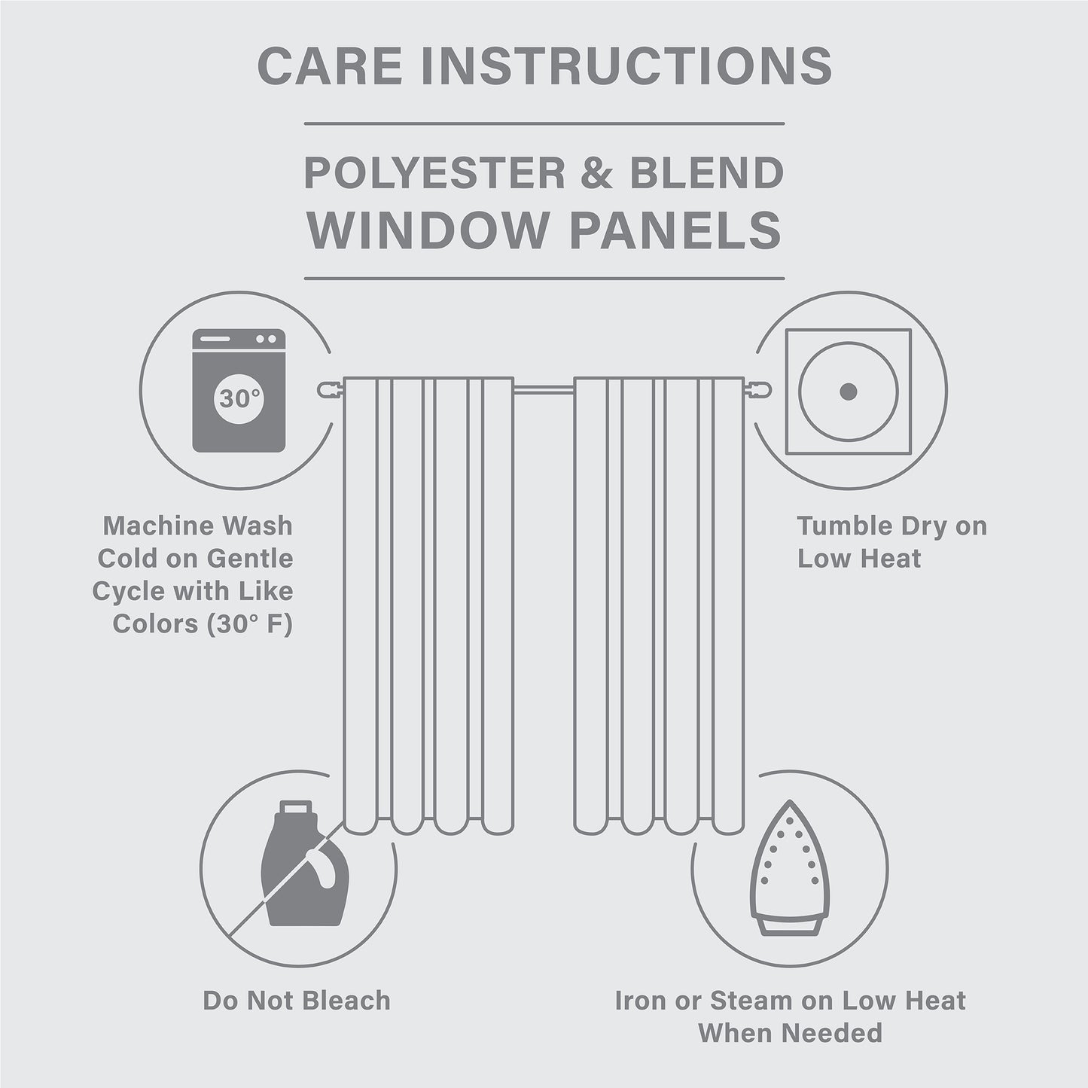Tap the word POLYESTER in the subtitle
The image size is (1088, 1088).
[434, 173]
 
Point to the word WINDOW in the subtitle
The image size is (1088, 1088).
[427, 230]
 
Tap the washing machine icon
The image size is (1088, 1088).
[239, 390]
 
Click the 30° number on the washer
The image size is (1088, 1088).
[239, 398]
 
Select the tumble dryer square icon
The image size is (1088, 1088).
[848, 392]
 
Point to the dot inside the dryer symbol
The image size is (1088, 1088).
[848, 392]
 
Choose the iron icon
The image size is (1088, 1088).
[788, 870]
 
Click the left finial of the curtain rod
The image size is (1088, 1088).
[329, 389]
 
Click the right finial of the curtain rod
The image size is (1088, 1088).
[758, 389]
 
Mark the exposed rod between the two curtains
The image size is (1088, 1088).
[544, 389]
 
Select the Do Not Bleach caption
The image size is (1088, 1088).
[297, 1001]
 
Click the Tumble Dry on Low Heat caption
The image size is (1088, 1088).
[891, 542]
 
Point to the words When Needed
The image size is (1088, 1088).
[790, 1033]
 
